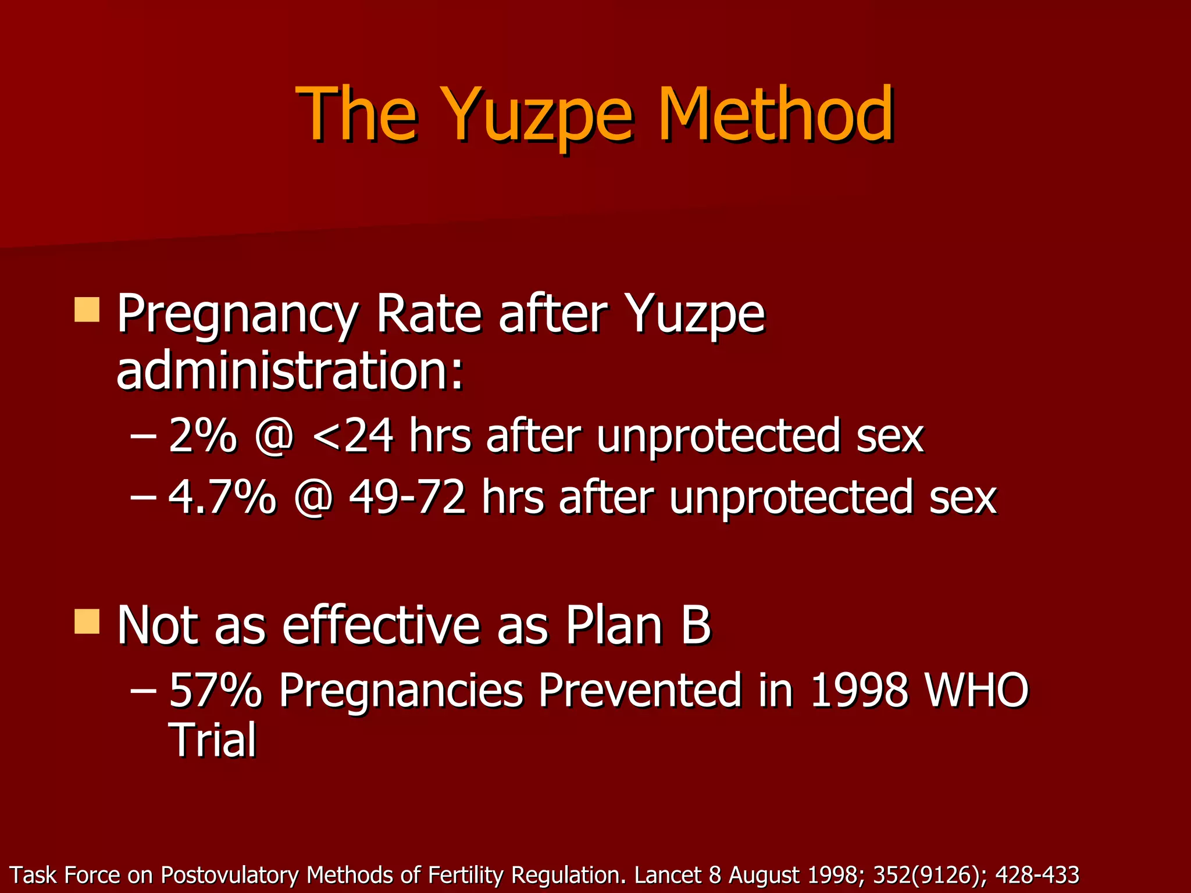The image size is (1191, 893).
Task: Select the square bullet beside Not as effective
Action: click(87, 621)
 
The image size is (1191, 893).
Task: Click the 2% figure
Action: click(203, 435)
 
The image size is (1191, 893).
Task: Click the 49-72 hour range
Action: click(407, 498)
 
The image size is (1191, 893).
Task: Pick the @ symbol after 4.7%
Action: click(313, 499)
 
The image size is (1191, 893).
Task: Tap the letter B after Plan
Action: click(696, 626)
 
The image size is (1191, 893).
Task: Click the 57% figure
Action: click(215, 690)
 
